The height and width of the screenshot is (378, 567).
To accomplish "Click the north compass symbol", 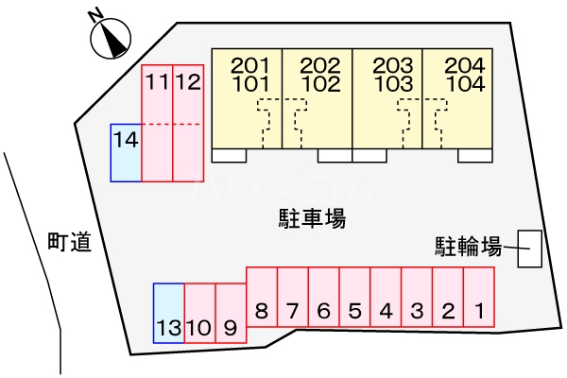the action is (111, 39).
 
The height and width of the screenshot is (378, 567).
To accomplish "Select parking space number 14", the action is (126, 153).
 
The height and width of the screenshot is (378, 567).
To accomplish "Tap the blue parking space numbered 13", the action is (169, 313).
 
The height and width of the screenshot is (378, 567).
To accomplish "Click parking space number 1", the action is (479, 297).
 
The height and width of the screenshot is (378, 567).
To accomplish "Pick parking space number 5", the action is (355, 297).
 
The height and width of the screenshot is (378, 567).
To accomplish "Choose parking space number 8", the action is (262, 297).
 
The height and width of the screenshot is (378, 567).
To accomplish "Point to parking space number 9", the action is (231, 313).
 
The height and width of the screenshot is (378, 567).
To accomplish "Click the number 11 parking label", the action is (157, 82).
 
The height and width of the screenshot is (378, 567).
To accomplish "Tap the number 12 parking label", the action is (188, 82).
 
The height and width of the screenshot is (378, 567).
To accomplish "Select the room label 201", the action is (250, 66).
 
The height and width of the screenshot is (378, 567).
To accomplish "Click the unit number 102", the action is (321, 84).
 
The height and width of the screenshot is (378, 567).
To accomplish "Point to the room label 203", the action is (393, 66).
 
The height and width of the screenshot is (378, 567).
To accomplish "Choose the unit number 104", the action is (465, 84).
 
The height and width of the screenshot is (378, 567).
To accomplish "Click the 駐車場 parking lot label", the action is (312, 218).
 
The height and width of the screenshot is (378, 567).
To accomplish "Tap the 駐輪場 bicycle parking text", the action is (469, 247).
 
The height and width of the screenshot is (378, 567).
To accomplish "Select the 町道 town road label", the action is (69, 242).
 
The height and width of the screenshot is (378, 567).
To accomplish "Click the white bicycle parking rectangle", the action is (530, 249).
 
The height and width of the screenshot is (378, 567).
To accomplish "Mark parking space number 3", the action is (417, 297).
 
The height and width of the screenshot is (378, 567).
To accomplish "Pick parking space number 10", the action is (200, 313).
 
